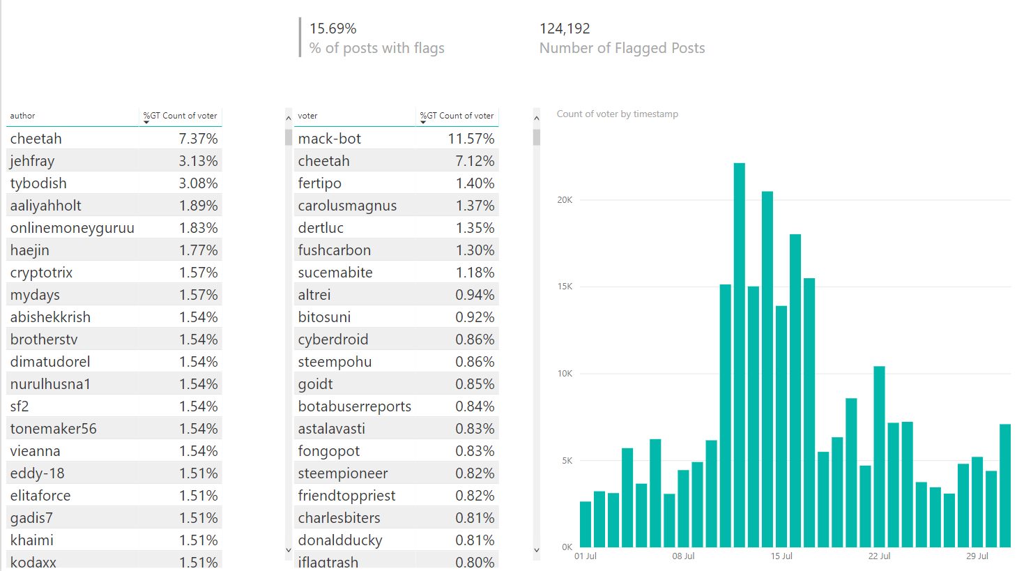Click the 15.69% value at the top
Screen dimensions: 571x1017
pyautogui.click(x=332, y=29)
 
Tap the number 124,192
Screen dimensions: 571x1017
pyautogui.click(x=565, y=29)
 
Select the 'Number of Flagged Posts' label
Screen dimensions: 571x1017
pyautogui.click(x=622, y=48)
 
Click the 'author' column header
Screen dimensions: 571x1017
pyautogui.click(x=23, y=116)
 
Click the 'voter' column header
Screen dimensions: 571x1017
pyautogui.click(x=307, y=116)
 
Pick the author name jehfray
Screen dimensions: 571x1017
pyautogui.click(x=32, y=161)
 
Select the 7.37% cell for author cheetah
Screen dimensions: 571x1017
pyautogui.click(x=198, y=139)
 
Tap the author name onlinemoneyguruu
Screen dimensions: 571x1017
pyautogui.click(x=72, y=228)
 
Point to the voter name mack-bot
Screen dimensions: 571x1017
pyautogui.click(x=329, y=139)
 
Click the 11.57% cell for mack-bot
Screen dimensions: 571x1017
pyautogui.click(x=471, y=139)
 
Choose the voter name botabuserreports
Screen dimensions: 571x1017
pyautogui.click(x=354, y=406)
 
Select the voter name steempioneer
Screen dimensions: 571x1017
pyautogui.click(x=342, y=473)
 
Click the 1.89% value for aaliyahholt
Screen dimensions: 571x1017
pyautogui.click(x=198, y=206)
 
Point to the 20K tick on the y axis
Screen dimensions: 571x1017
pyautogui.click(x=565, y=200)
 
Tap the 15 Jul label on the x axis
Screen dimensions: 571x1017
pyautogui.click(x=781, y=556)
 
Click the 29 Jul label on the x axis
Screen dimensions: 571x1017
pyautogui.click(x=977, y=556)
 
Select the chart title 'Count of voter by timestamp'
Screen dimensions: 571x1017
pyautogui.click(x=617, y=114)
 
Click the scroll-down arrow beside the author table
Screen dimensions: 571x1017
pyautogui.click(x=289, y=550)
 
